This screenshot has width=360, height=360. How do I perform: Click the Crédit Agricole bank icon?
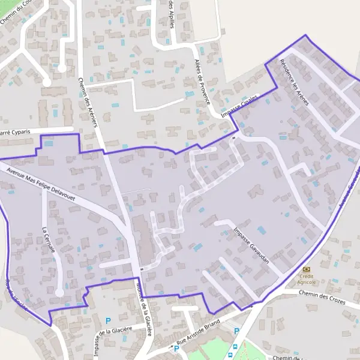click(307, 270)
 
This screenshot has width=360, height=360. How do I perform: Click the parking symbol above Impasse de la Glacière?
click(109, 320)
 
